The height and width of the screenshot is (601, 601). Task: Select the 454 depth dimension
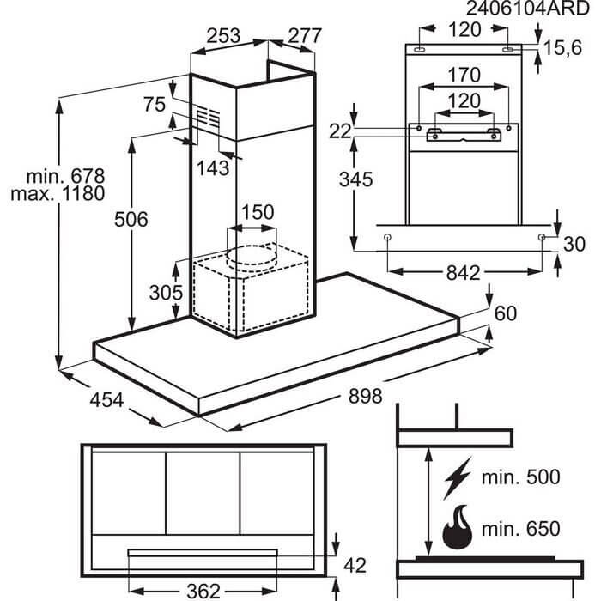pyautogui.click(x=106, y=400)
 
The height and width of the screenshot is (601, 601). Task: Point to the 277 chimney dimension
pyautogui.click(x=304, y=37)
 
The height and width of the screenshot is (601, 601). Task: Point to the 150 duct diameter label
pyautogui.click(x=257, y=212)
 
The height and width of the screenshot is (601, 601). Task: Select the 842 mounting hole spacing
pyautogui.click(x=463, y=274)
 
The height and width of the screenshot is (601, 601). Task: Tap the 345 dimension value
pyautogui.click(x=355, y=180)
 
